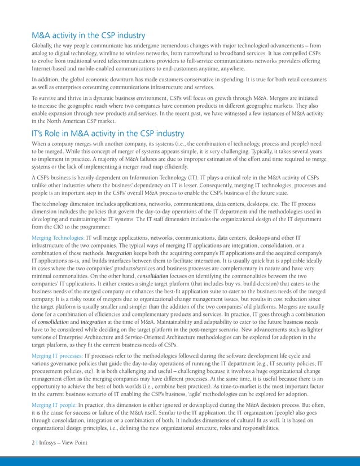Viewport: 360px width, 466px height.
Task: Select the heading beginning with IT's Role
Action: pyautogui.click(x=108, y=134)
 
